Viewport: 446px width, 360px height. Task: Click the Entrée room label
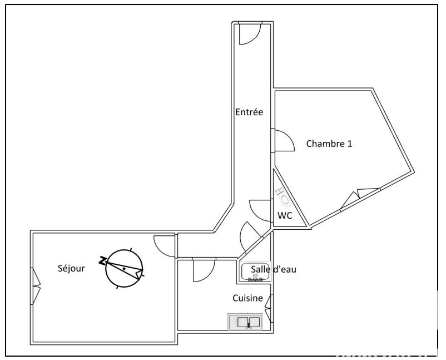pyautogui.click(x=249, y=112)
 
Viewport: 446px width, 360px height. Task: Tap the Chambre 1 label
pyautogui.click(x=329, y=144)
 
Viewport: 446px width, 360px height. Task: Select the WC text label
pyautogui.click(x=285, y=216)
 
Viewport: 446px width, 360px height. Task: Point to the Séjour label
pyautogui.click(x=71, y=268)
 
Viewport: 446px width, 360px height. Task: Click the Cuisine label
pyautogui.click(x=247, y=298)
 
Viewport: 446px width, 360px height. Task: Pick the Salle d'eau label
pyautogui.click(x=274, y=269)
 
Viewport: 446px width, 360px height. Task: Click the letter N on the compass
pyautogui.click(x=102, y=260)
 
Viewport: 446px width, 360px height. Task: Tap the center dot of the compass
pyautogui.click(x=124, y=268)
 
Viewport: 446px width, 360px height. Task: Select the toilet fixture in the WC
pyautogui.click(x=283, y=196)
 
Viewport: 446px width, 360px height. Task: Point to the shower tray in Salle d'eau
pyautogui.click(x=255, y=272)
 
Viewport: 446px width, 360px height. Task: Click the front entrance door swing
pyautogui.click(x=250, y=34)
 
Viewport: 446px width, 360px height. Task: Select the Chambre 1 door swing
pyautogui.click(x=283, y=140)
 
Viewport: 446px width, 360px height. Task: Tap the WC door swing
pyautogui.click(x=260, y=210)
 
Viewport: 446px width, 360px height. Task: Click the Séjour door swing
pyautogui.click(x=165, y=246)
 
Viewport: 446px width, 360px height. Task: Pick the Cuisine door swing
pyautogui.click(x=204, y=270)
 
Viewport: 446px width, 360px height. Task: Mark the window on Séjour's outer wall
pyautogui.click(x=36, y=286)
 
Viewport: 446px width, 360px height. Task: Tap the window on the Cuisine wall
pyautogui.click(x=269, y=308)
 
